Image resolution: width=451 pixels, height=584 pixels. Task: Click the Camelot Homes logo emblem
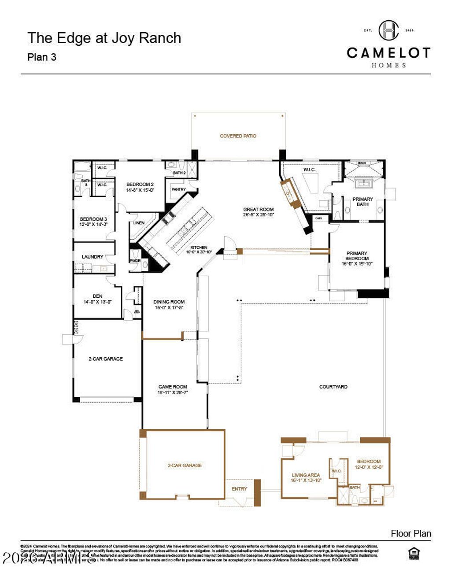click(388, 30)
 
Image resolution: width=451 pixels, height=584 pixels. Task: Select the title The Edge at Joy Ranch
click(104, 38)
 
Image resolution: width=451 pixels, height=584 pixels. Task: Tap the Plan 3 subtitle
click(42, 57)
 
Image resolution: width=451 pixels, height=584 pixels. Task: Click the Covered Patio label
click(238, 136)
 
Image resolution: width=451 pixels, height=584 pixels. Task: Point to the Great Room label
click(259, 210)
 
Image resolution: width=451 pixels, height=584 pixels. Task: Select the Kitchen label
click(199, 248)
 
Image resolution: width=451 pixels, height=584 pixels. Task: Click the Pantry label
click(178, 189)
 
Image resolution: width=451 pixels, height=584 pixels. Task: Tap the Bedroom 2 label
click(140, 185)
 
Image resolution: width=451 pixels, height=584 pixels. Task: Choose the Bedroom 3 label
click(93, 219)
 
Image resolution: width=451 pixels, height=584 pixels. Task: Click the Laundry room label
click(92, 257)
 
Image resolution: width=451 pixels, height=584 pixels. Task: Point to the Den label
click(97, 296)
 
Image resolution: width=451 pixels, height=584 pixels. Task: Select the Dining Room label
click(169, 302)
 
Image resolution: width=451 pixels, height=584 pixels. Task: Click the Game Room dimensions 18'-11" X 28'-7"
click(173, 392)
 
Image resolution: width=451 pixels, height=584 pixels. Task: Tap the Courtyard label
click(333, 387)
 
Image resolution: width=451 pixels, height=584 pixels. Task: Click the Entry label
click(239, 489)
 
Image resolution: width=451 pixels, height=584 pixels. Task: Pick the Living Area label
click(306, 475)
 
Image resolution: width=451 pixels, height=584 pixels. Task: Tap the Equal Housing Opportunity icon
click(414, 553)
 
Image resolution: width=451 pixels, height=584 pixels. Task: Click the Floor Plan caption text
click(410, 534)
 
